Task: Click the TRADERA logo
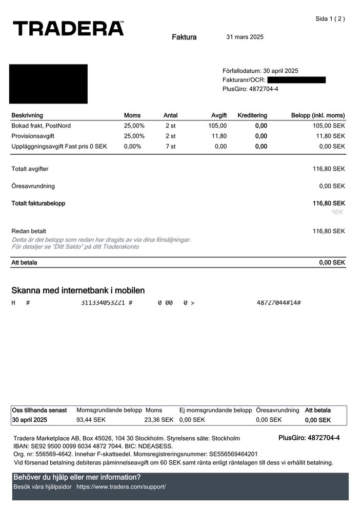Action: [68, 29]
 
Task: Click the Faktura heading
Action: [184, 37]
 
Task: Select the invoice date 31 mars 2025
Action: [245, 37]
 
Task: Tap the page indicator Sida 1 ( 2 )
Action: [330, 19]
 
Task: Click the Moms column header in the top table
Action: [132, 116]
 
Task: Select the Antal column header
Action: [170, 116]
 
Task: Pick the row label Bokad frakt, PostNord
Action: [41, 126]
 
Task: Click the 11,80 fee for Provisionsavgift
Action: [219, 136]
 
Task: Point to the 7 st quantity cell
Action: [170, 147]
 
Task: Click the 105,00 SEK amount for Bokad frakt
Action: [328, 126]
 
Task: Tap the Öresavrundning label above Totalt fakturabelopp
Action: [33, 186]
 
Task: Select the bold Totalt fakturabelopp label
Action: [38, 203]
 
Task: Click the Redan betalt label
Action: [29, 231]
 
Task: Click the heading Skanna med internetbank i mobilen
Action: [78, 291]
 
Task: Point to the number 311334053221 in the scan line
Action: [103, 303]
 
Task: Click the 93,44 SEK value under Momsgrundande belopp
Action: [91, 420]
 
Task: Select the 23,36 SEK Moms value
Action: [158, 420]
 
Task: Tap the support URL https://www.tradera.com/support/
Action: [121, 486]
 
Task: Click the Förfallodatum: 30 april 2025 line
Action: [260, 71]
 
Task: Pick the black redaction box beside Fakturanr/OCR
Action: [296, 80]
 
